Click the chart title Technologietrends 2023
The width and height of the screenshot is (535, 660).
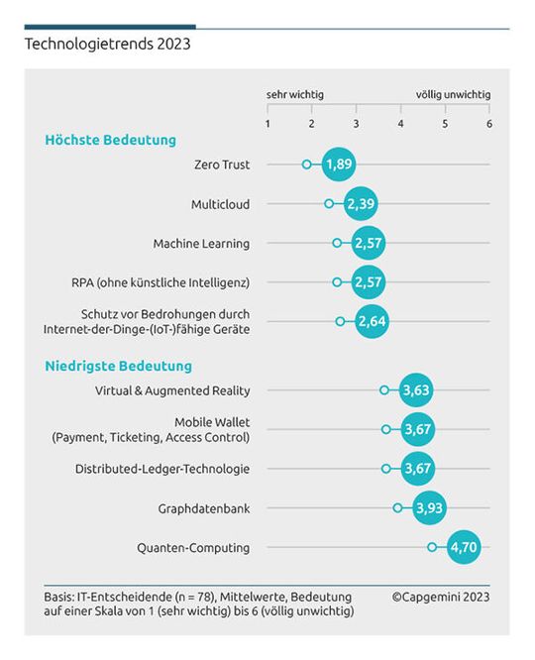[107, 44]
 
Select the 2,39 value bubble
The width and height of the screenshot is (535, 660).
[360, 204]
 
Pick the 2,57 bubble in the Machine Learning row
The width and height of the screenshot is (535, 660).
[368, 243]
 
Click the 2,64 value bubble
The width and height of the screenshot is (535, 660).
[371, 322]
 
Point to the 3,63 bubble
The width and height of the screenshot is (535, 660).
[415, 390]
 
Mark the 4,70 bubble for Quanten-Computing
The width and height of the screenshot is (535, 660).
[463, 547]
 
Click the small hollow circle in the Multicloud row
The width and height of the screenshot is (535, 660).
[329, 204]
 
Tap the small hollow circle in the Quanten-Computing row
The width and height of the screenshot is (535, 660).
[432, 547]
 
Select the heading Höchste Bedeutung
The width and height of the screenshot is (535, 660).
[110, 140]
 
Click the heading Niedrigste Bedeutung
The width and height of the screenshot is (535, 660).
[118, 367]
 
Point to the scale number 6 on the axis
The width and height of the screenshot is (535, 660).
[488, 124]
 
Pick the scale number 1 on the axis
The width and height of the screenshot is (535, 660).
[267, 124]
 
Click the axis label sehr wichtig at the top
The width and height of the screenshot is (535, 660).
[294, 95]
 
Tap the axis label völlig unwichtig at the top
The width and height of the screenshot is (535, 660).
[453, 95]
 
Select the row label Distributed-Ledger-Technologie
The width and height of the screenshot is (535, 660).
[162, 469]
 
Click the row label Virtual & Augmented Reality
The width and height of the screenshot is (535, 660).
[172, 390]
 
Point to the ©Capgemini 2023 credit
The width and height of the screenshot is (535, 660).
[440, 597]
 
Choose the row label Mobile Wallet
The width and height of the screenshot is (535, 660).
[212, 421]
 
